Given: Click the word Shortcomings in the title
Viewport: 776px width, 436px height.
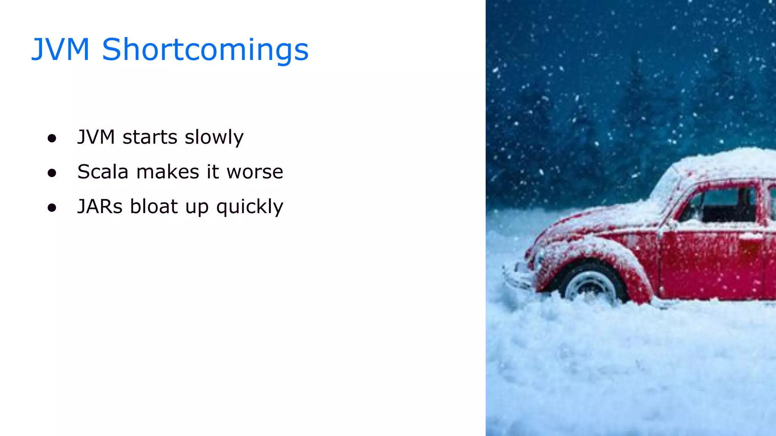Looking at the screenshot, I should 205,50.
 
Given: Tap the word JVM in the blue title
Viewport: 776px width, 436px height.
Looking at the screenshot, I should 60,49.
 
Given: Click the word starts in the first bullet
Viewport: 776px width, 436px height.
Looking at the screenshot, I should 150,137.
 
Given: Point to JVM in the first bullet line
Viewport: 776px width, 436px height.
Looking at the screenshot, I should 96,137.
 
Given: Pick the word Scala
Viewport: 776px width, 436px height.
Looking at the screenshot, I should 103,172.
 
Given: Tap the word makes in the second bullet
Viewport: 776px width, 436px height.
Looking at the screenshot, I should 167,172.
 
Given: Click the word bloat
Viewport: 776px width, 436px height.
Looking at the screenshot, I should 154,207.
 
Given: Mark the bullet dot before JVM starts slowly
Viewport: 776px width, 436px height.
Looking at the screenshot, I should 52,138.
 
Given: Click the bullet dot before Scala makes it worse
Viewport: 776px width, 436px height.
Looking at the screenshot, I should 52,173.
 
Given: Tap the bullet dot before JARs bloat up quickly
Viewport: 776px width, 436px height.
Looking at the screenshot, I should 52,208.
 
